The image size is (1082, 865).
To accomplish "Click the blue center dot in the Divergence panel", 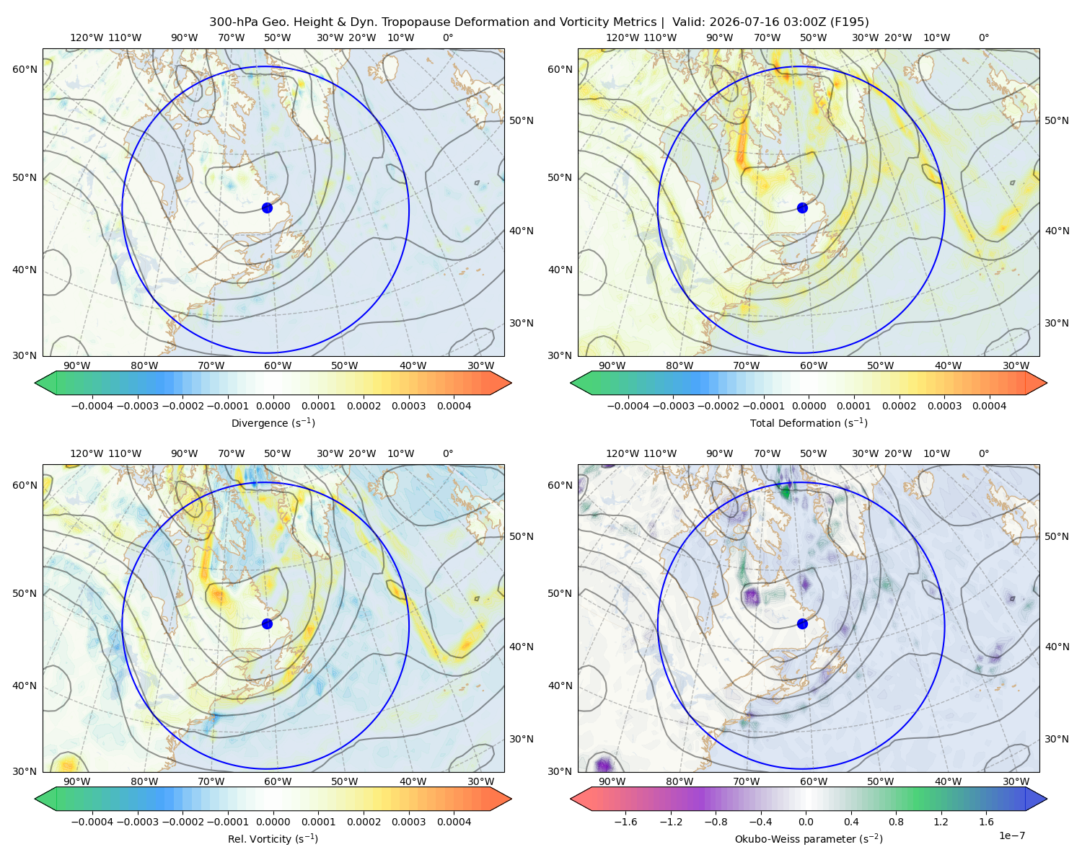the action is point(267,208).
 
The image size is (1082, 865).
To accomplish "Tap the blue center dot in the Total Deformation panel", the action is point(802,208).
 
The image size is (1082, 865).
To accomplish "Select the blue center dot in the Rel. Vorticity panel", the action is point(267,624).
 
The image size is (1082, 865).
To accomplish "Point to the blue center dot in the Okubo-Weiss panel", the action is point(802,624).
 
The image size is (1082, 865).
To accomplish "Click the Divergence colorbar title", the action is point(273,423).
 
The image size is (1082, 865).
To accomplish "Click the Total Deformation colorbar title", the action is point(809,423).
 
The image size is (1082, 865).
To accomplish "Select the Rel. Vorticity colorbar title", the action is point(273,839).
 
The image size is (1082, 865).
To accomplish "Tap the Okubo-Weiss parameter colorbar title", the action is point(809,839).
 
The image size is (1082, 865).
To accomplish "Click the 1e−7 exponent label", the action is point(1011,836).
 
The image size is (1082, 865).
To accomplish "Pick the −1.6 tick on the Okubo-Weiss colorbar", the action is point(625,822).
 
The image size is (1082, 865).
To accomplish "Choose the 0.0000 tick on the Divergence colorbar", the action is point(273,406).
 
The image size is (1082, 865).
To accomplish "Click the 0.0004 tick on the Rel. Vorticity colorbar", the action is point(454,822).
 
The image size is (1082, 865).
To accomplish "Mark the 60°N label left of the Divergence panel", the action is point(25,69).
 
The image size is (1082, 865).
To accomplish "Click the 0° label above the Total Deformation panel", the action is point(983,37).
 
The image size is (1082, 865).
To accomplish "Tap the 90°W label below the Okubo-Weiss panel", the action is point(612,781).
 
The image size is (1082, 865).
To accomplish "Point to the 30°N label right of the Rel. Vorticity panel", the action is point(522,739).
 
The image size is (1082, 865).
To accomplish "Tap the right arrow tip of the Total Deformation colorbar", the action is point(1047,383).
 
